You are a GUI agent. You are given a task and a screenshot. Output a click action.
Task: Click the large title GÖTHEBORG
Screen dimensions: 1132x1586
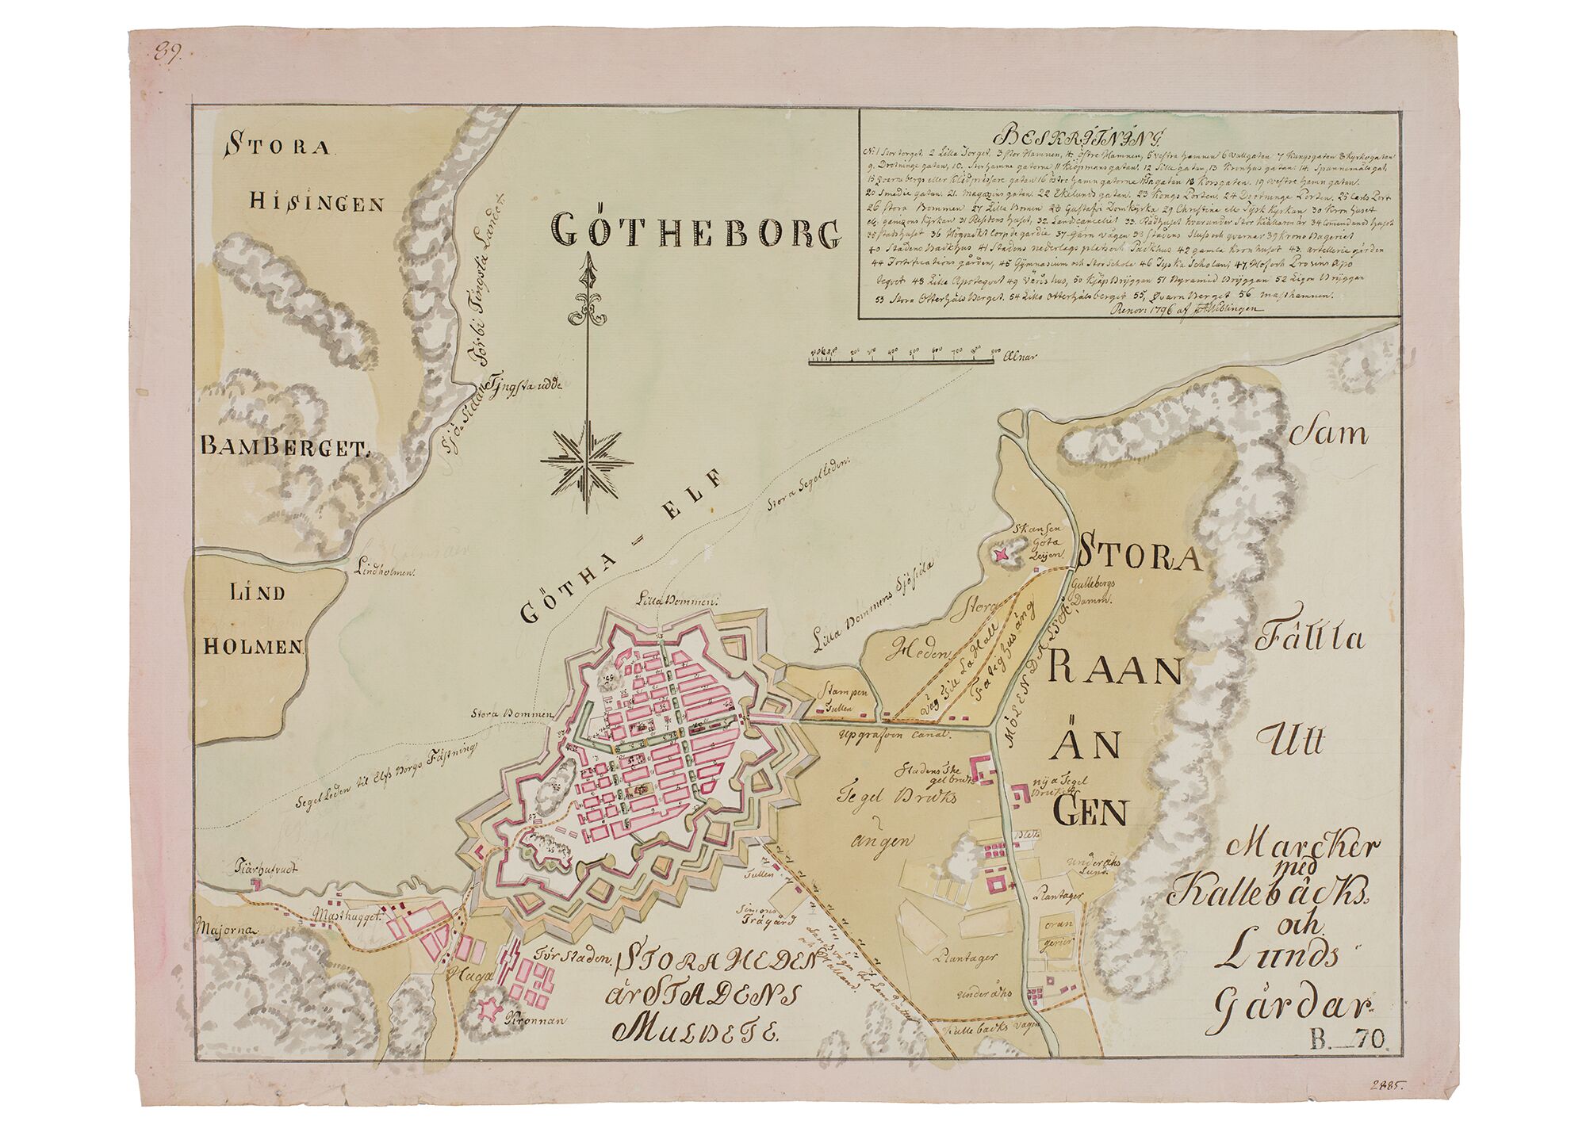(695, 231)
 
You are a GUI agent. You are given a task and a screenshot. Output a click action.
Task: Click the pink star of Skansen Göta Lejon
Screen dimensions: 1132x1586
(1006, 554)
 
